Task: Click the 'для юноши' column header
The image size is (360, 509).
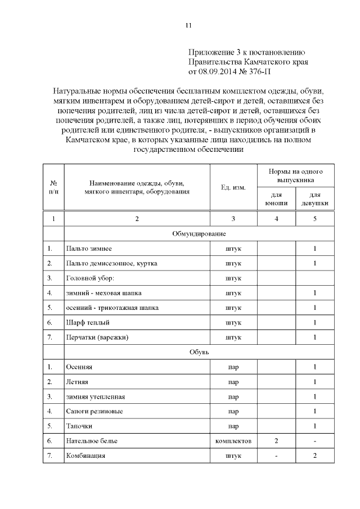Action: [276, 199]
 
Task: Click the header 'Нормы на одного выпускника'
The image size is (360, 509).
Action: [296, 175]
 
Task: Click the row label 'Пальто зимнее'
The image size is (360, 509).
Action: [88, 249]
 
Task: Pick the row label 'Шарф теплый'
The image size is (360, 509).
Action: [87, 322]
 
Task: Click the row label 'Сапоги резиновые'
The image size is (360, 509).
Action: [94, 411]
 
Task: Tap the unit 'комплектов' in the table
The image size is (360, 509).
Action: [233, 441]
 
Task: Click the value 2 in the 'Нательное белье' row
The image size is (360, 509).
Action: [276, 441]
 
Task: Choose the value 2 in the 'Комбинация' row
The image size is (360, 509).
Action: [315, 456]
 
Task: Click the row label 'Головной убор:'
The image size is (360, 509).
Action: [90, 278]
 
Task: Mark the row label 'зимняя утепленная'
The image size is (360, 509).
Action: [95, 397]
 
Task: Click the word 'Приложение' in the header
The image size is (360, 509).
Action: [211, 52]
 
